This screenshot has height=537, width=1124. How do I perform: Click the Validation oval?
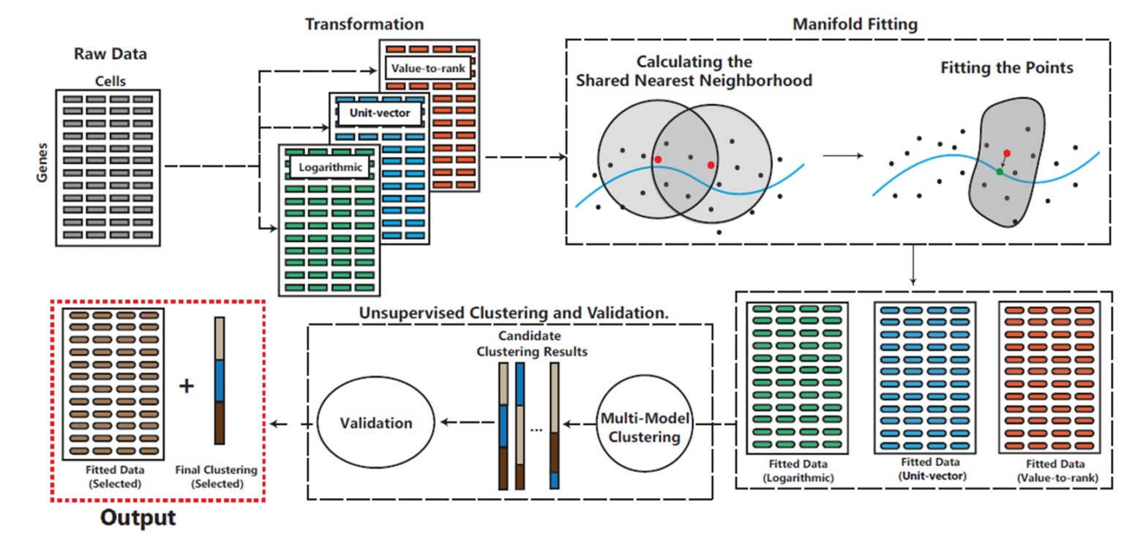375,423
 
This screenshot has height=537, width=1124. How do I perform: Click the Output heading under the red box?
138,518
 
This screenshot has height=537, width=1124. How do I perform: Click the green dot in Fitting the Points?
1000,171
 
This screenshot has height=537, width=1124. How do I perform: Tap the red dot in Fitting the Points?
1007,153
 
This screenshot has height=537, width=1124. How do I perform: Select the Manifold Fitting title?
855,23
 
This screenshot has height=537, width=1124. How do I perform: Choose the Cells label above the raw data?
110,82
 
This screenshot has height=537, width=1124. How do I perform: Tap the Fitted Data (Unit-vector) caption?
929,470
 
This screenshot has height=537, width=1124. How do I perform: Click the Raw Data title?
110,54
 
